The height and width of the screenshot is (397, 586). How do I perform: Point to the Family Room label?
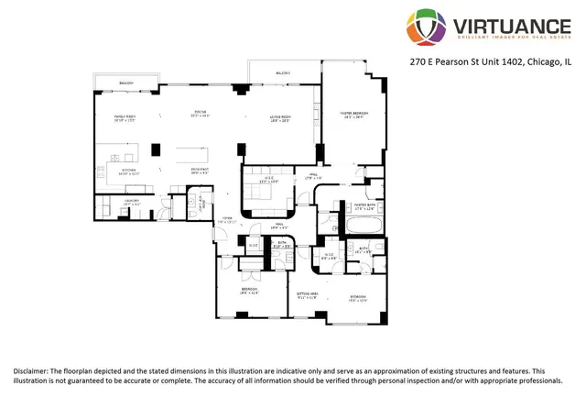[x=125, y=118]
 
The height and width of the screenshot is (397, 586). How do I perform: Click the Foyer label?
[x=226, y=219]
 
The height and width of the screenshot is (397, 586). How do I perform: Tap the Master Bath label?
[x=365, y=207]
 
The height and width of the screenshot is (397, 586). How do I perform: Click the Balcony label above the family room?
[x=126, y=83]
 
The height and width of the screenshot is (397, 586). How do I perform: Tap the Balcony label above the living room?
[x=283, y=72]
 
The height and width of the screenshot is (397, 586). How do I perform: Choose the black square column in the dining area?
[x=156, y=149]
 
